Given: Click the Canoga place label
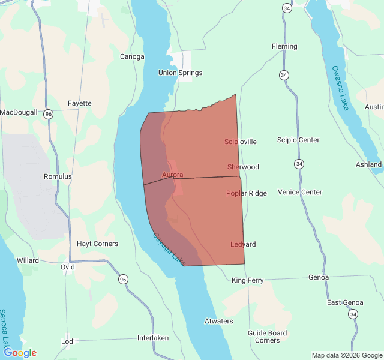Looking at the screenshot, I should (x=133, y=56).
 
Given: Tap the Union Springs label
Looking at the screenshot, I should (x=180, y=73).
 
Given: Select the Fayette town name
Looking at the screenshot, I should (x=80, y=103).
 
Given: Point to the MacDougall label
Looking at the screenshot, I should (x=19, y=112).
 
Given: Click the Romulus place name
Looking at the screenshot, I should (x=58, y=176).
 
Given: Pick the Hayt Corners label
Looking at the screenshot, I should (x=97, y=244).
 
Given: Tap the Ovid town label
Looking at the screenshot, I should (x=67, y=267).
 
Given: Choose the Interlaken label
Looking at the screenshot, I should (x=153, y=337).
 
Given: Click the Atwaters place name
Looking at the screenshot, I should (x=218, y=321).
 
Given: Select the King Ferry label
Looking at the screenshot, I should (x=247, y=280).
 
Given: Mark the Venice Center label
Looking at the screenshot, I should (x=300, y=192).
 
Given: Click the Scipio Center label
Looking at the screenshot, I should (x=298, y=140).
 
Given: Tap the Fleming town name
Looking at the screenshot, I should (x=284, y=46).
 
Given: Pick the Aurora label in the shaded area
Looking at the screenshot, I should (x=172, y=175).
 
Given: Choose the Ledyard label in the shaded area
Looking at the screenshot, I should (x=243, y=244).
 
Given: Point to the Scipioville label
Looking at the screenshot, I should (x=241, y=142).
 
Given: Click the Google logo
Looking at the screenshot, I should (x=20, y=353).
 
